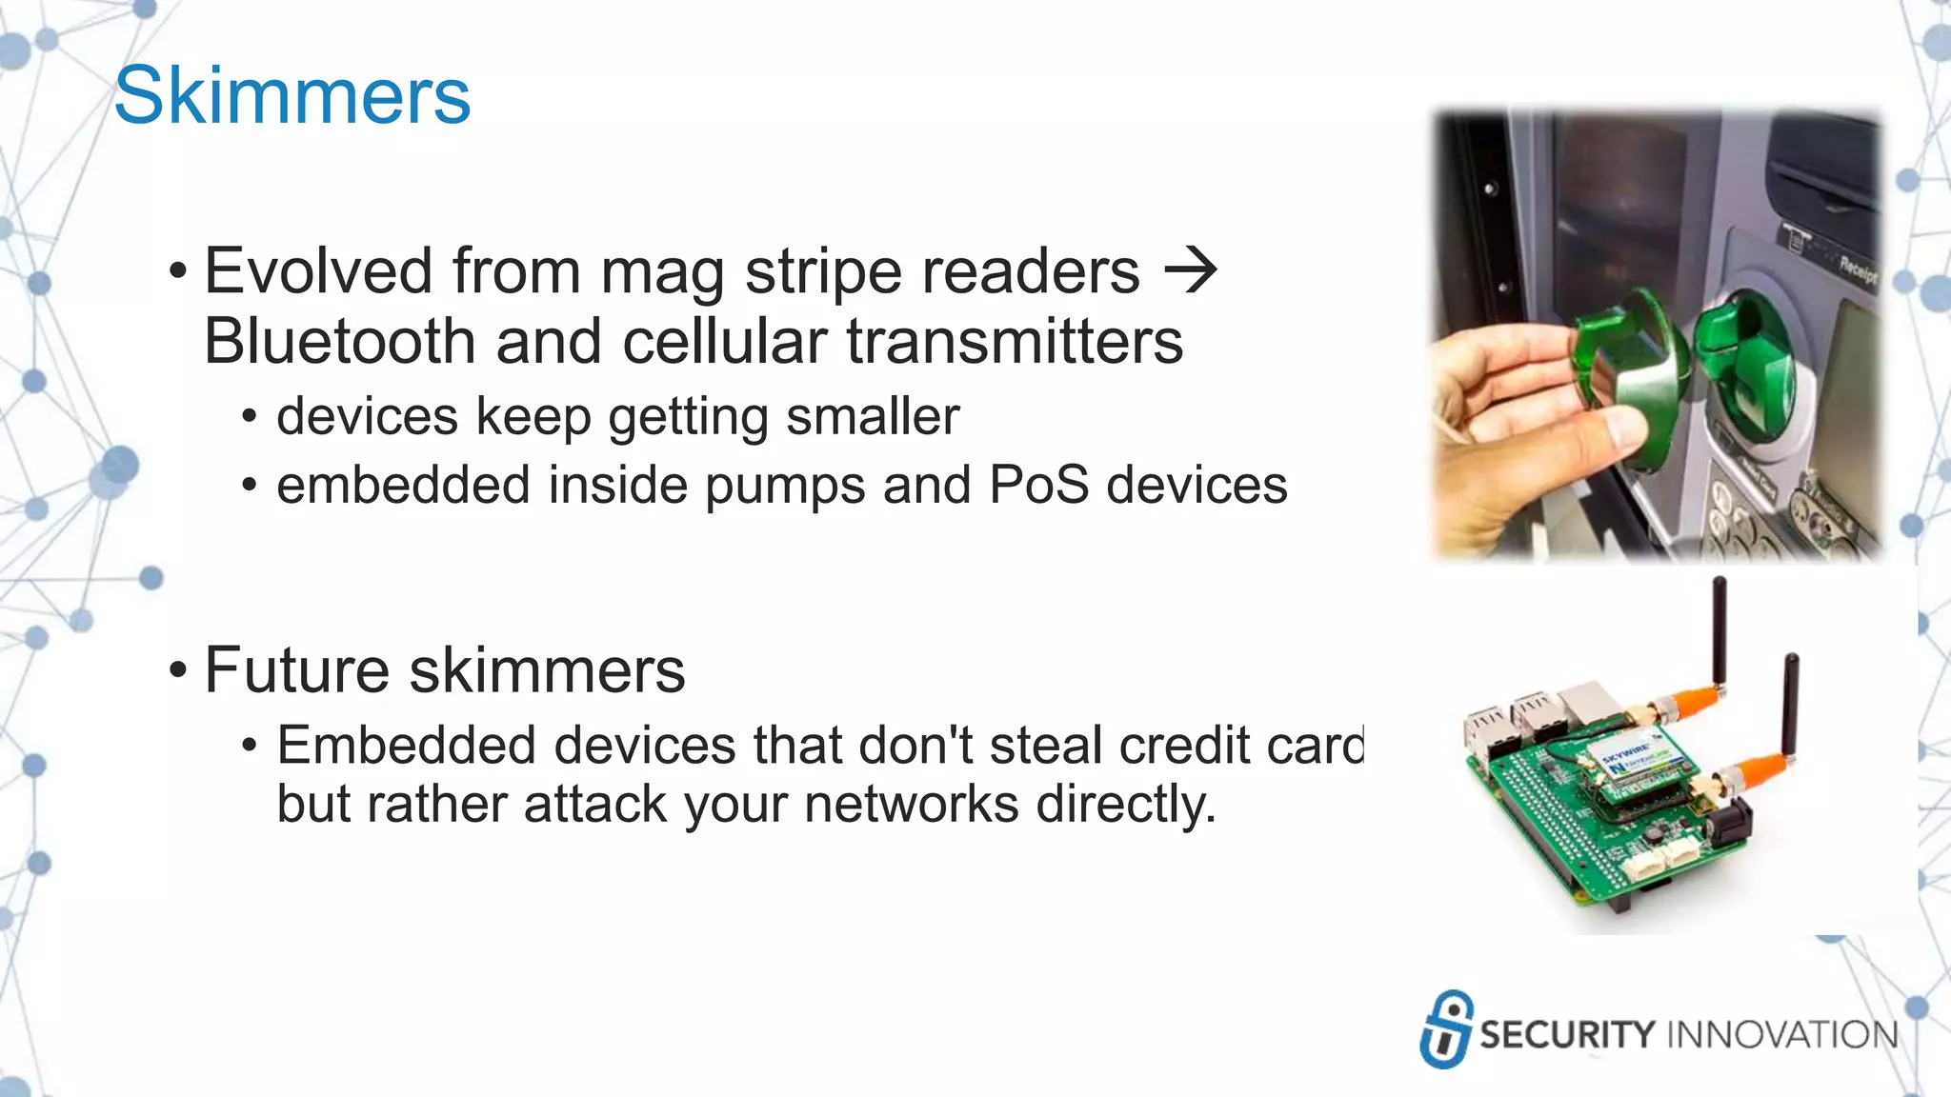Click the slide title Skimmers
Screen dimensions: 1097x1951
pyautogui.click(x=292, y=96)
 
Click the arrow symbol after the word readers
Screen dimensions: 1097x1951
pyautogui.click(x=1190, y=270)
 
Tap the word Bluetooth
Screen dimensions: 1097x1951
pyautogui.click(x=339, y=342)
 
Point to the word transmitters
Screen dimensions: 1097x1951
pyautogui.click(x=1015, y=342)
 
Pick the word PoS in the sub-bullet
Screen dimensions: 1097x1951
pyautogui.click(x=1038, y=485)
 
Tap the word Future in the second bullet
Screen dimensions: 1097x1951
pyautogui.click(x=296, y=670)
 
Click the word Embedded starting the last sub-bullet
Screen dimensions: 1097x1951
pyautogui.click(x=406, y=745)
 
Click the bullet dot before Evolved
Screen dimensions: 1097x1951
pyautogui.click(x=177, y=271)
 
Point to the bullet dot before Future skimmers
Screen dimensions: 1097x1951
pyautogui.click(x=177, y=670)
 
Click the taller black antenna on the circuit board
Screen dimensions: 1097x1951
pyautogui.click(x=1719, y=633)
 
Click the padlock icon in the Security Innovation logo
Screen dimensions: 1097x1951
pyautogui.click(x=1446, y=1029)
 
